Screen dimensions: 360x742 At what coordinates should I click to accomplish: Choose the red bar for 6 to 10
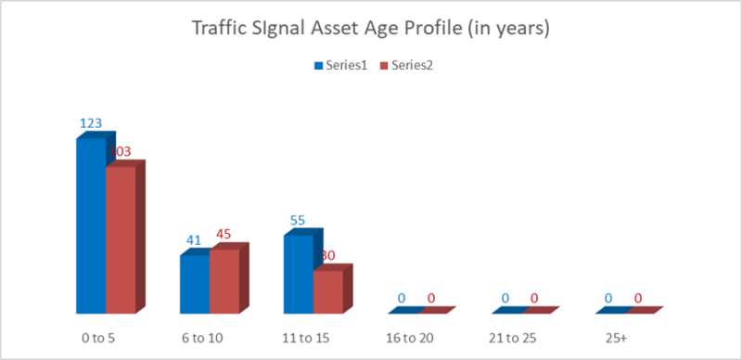(224, 282)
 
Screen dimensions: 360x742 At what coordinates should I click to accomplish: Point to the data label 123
(90, 123)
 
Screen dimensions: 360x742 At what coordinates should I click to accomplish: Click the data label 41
(194, 239)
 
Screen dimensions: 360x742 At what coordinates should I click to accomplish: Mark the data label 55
(299, 221)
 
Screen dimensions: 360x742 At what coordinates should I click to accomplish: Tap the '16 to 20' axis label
(408, 339)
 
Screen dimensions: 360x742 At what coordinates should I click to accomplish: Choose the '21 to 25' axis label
(512, 339)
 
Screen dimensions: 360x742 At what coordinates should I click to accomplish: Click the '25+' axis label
(616, 339)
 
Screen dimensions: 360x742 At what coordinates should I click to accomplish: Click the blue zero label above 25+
(609, 298)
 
